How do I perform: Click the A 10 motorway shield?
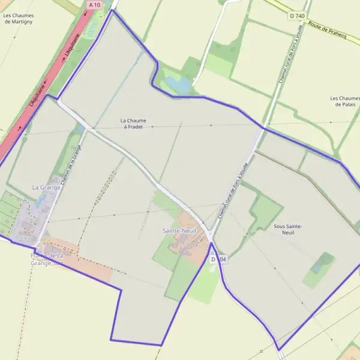[x=94, y=5]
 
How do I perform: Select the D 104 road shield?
[x=219, y=259]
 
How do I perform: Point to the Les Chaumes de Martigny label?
[x=19, y=19]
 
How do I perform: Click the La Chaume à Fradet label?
[x=133, y=124]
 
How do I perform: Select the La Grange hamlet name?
[x=46, y=188]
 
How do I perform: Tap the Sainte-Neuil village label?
[x=179, y=230]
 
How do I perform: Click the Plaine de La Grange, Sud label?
[x=47, y=259]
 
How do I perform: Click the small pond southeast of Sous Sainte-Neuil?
[x=317, y=266]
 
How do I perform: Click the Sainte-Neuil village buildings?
[x=185, y=242]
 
